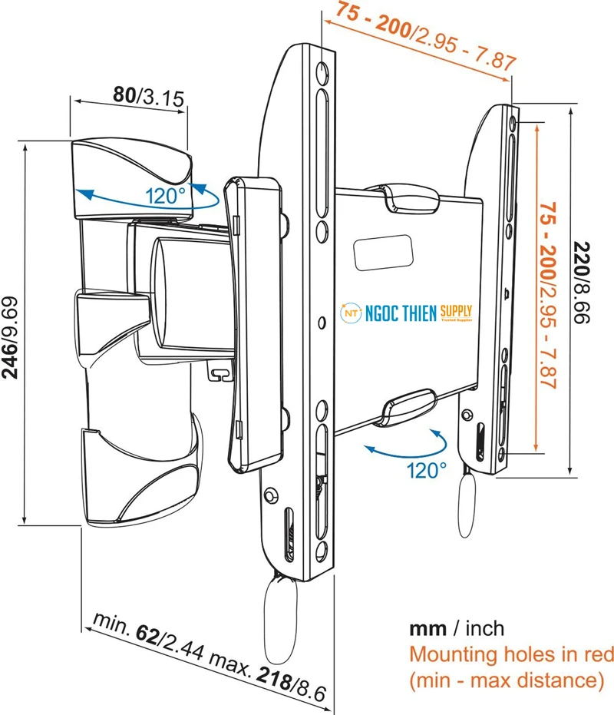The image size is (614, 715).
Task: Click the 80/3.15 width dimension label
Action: pyautogui.click(x=149, y=96)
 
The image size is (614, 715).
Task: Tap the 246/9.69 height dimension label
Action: pyautogui.click(x=10, y=338)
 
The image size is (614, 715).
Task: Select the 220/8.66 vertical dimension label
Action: pyautogui.click(x=582, y=283)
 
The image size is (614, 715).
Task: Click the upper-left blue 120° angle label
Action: pyautogui.click(x=166, y=197)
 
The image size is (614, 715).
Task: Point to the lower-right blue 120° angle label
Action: pyautogui.click(x=427, y=470)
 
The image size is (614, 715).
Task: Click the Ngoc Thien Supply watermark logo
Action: pyautogui.click(x=406, y=313)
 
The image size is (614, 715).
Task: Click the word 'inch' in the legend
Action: pyautogui.click(x=484, y=629)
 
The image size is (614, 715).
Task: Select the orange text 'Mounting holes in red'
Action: pyautogui.click(x=511, y=654)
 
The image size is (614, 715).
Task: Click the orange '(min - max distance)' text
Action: pyautogui.click(x=507, y=680)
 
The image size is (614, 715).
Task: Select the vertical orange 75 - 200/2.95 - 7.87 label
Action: pyautogui.click(x=547, y=296)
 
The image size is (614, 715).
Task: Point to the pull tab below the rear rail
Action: pyautogui.click(x=466, y=504)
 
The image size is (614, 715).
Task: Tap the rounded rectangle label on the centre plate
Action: pyautogui.click(x=383, y=252)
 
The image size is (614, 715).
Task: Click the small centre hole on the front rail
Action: pyautogui.click(x=322, y=323)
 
